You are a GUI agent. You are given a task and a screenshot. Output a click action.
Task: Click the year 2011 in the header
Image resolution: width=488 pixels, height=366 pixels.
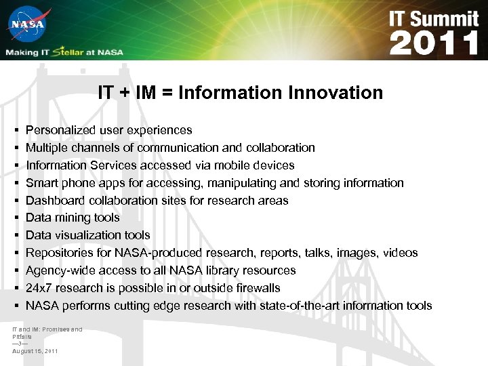[x=434, y=44]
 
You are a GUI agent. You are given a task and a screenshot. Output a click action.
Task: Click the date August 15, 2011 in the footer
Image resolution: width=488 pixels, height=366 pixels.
[x=35, y=351]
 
